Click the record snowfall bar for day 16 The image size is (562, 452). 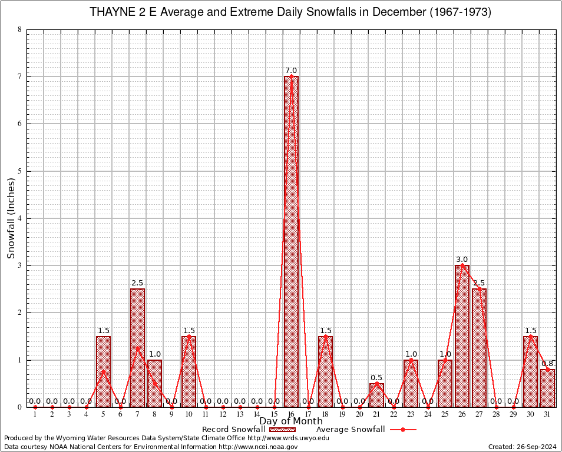291,241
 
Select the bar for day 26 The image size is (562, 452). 462,335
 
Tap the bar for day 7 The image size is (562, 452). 137,347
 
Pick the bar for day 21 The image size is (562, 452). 376,395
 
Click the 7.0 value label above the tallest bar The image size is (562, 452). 291,71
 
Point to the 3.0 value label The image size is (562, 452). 462,259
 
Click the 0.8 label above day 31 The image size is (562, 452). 547,363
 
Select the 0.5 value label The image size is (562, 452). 376,377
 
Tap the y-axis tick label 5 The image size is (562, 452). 19,171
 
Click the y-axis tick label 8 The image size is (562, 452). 19,29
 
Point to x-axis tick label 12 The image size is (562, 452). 223,414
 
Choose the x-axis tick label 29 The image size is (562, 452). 513,414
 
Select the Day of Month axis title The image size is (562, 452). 291,421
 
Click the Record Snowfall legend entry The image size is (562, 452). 236,430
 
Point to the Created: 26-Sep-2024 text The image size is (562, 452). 522,447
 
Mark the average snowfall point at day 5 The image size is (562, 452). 103,371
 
